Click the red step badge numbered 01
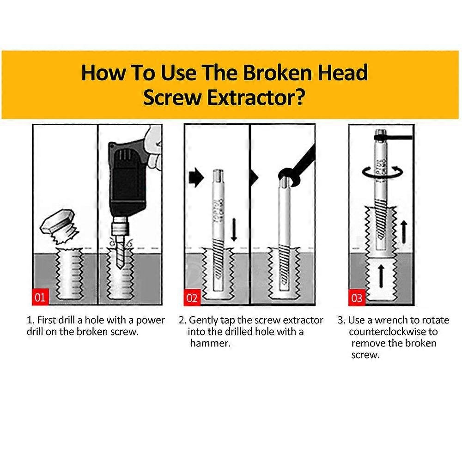(40, 297)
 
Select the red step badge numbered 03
(357, 298)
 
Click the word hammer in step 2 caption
(210, 343)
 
